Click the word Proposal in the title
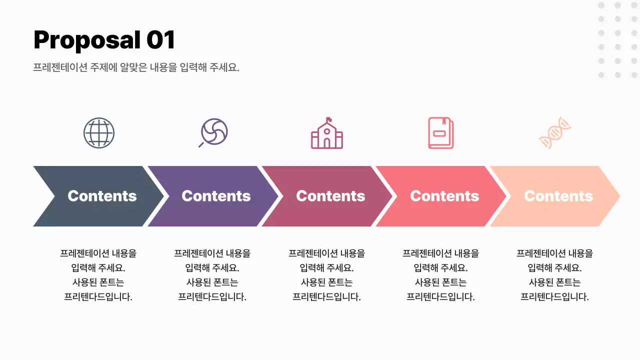87,40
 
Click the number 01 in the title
160,40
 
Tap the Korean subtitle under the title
136,67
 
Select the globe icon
99,132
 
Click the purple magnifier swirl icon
213,132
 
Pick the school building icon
327,134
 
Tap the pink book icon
440,133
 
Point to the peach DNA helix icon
555,133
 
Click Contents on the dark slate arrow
102,196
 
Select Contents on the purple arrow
216,196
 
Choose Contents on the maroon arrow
330,196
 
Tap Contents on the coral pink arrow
444,196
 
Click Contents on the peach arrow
558,196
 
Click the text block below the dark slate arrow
98,275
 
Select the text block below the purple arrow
212,275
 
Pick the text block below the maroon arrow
326,275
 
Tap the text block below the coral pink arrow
440,275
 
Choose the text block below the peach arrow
554,275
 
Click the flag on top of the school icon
329,120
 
